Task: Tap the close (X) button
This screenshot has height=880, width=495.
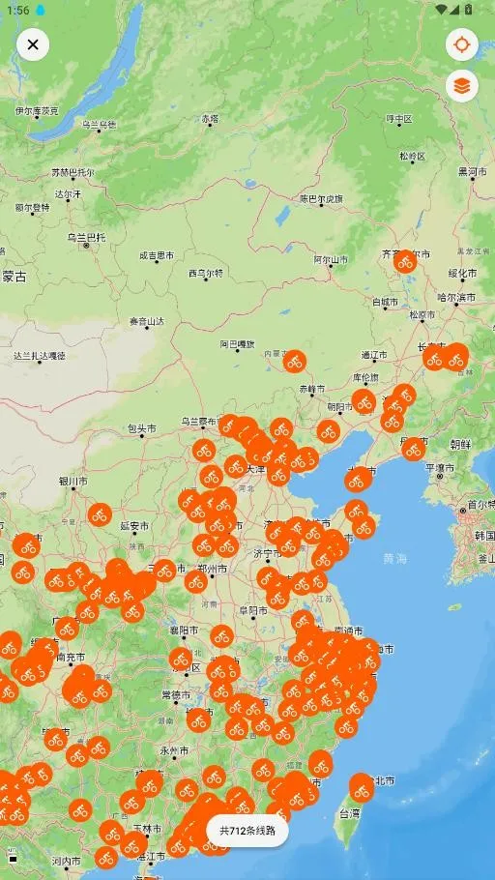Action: [x=33, y=44]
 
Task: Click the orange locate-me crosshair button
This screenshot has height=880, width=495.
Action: [x=462, y=44]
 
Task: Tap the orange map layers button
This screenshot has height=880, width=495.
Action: [x=462, y=86]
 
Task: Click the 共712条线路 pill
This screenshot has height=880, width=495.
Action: [x=247, y=830]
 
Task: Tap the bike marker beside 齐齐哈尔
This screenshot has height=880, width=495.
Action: [x=405, y=261]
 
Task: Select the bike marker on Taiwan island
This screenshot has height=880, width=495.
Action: [x=361, y=788]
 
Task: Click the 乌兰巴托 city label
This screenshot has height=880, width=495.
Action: [x=85, y=237]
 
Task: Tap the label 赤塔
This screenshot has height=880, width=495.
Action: [x=210, y=119]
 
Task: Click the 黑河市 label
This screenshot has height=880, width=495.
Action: [x=472, y=171]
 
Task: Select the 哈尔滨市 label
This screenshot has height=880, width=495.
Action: [x=456, y=297]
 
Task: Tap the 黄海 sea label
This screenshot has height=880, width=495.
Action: [x=394, y=558]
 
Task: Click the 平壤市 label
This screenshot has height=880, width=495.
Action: [x=440, y=468]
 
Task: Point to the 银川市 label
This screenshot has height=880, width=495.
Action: [x=73, y=480]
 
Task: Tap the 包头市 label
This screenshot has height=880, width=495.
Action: [x=141, y=427]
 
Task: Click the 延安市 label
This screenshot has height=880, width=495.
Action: [x=134, y=526]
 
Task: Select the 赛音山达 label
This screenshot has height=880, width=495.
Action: [x=147, y=321]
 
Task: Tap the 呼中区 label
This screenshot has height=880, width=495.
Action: [x=398, y=119]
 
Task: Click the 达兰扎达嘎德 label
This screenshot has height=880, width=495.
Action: [x=40, y=356]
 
